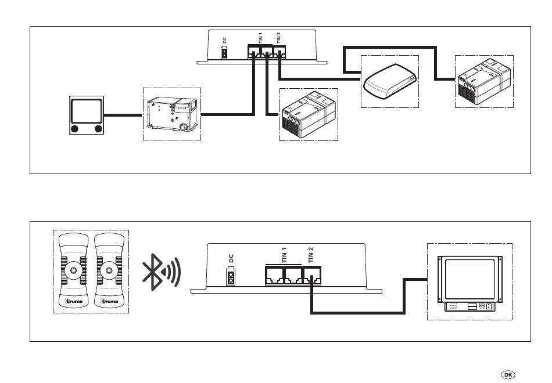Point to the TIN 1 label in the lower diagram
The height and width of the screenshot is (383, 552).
pyautogui.click(x=285, y=255)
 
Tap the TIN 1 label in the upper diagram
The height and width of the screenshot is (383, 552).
pyautogui.click(x=261, y=38)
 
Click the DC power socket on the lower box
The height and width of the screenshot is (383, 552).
pyautogui.click(x=231, y=277)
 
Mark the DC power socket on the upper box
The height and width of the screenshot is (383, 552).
pyautogui.click(x=224, y=54)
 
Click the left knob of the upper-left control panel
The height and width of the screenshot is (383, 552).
pyautogui.click(x=75, y=128)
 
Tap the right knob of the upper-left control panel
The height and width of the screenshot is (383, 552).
pyautogui.click(x=98, y=128)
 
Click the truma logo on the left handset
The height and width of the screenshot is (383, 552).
pyautogui.click(x=73, y=302)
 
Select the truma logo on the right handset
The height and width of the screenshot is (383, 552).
pyautogui.click(x=110, y=302)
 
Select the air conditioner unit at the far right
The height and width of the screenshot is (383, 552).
pyautogui.click(x=483, y=81)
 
